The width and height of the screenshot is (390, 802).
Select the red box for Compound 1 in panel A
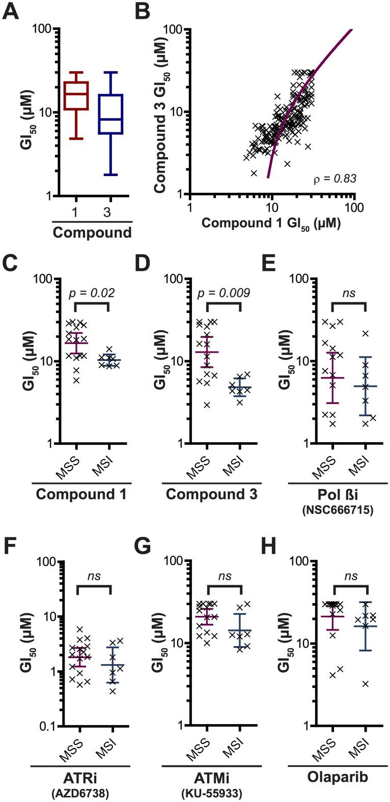(75, 95)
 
